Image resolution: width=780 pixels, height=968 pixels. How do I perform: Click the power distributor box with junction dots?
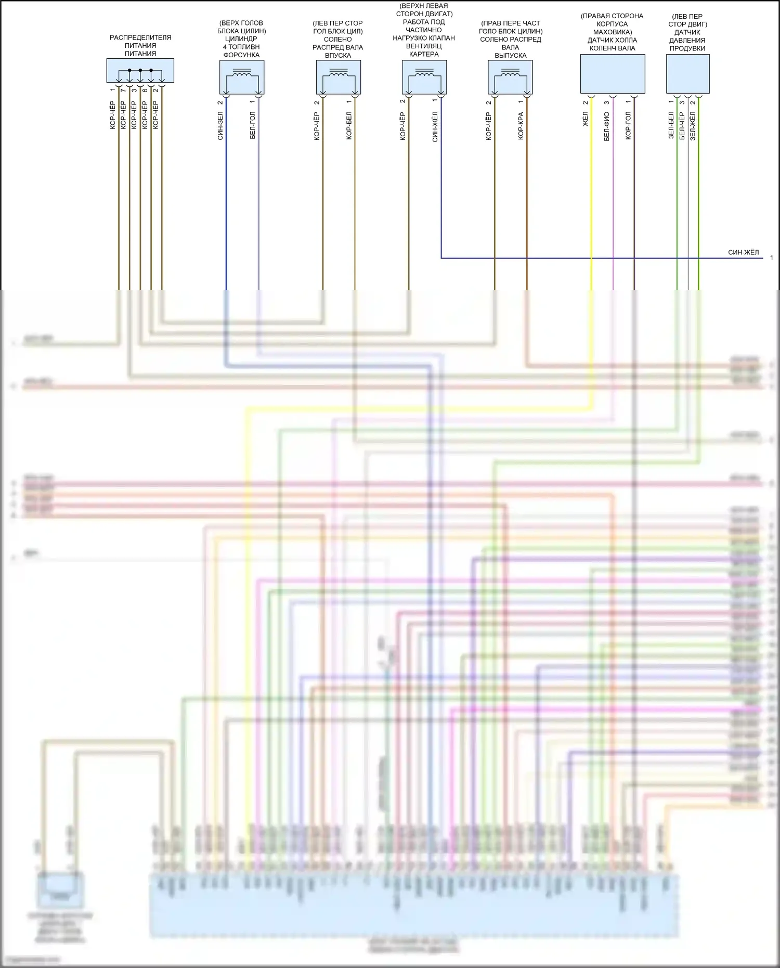point(140,70)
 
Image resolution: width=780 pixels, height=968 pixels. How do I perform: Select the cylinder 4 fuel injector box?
point(242,77)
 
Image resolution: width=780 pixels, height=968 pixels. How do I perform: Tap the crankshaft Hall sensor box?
point(612,74)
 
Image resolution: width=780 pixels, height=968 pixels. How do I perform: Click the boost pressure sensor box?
point(687,74)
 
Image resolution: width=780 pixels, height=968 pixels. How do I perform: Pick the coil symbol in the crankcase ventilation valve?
point(424,74)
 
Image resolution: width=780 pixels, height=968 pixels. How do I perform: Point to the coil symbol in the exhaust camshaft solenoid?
point(510,74)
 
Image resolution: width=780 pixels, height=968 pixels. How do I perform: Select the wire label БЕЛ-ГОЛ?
point(253,125)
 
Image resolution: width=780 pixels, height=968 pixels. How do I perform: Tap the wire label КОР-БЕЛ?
point(349,125)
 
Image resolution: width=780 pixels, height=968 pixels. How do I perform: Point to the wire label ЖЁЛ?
point(585,119)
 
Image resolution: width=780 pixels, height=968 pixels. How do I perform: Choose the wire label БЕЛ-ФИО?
point(606,126)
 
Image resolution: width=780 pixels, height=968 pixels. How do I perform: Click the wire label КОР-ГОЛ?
point(628,125)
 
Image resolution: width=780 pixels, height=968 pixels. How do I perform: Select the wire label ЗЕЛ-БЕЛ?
point(671,125)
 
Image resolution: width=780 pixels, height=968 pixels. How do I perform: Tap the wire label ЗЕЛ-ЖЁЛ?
point(693,126)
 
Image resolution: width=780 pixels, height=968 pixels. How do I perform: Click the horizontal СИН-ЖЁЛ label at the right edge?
point(743,252)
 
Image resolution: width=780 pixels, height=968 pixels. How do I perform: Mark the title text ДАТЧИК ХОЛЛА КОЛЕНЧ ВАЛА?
point(612,44)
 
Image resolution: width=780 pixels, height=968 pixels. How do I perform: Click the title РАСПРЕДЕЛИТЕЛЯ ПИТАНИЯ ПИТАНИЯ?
point(140,45)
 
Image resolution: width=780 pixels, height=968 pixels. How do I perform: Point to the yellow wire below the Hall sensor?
point(591,198)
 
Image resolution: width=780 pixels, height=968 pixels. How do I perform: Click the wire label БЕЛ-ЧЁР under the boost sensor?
point(682,125)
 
